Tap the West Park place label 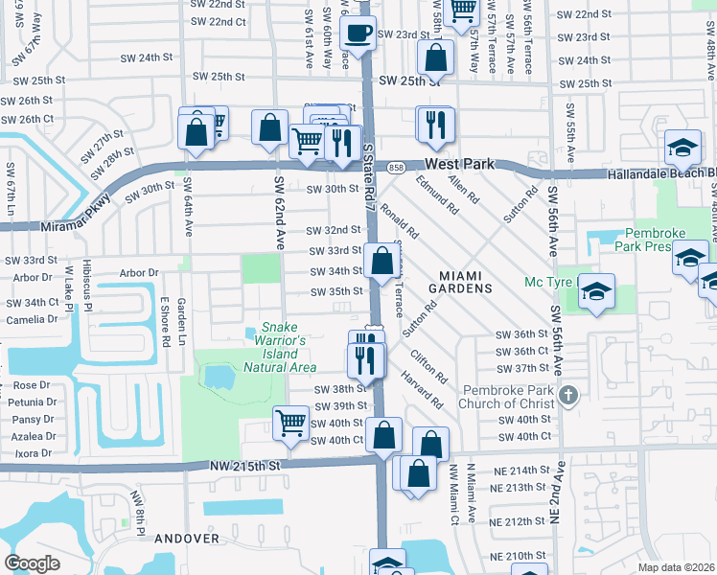459,164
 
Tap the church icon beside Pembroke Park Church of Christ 568,395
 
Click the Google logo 32,563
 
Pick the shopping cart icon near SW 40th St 290,423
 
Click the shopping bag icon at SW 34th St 382,261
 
